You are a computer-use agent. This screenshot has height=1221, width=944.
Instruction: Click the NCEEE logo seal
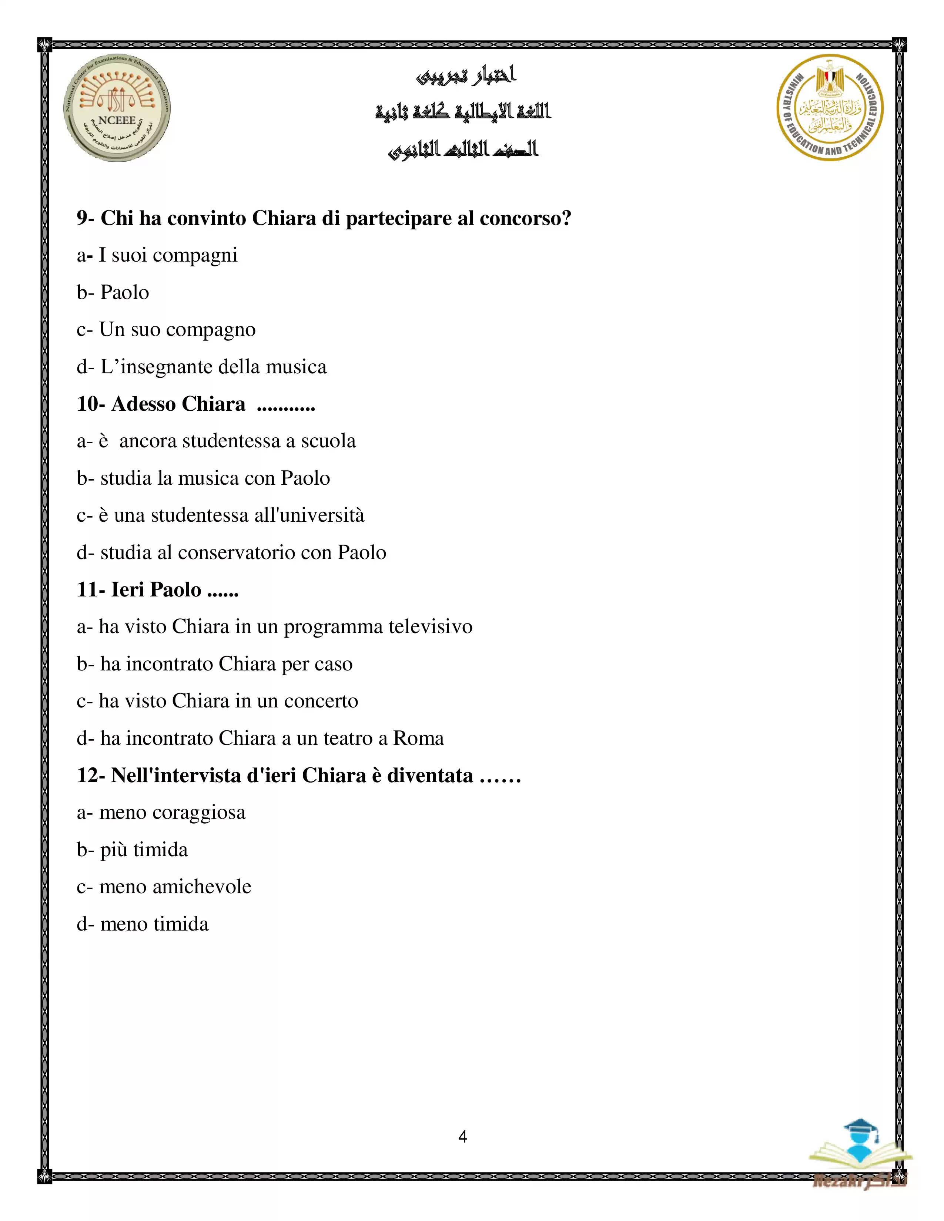pos(117,108)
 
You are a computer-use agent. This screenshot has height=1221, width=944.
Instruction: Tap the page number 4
pos(462,1137)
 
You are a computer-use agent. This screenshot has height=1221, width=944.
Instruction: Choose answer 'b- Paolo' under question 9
pos(113,292)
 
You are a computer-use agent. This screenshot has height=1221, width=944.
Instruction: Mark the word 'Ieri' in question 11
pos(127,589)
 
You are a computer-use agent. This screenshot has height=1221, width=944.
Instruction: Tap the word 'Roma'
pos(418,738)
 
